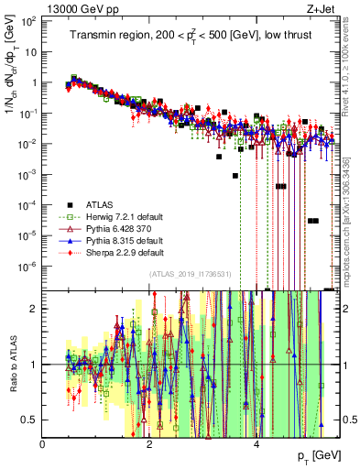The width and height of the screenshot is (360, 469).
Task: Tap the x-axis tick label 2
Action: tap(150, 443)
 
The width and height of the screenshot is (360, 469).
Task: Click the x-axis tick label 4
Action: tap(256, 443)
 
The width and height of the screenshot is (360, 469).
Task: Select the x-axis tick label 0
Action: tap(43, 443)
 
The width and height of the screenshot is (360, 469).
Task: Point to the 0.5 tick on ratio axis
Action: tap(30, 420)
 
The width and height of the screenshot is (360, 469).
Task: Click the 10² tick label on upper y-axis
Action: tap(30, 20)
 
